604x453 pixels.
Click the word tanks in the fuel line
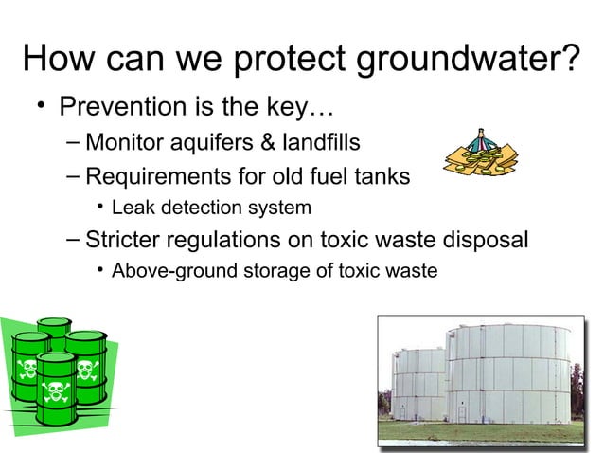click(381, 176)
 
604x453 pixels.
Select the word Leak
click(131, 208)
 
